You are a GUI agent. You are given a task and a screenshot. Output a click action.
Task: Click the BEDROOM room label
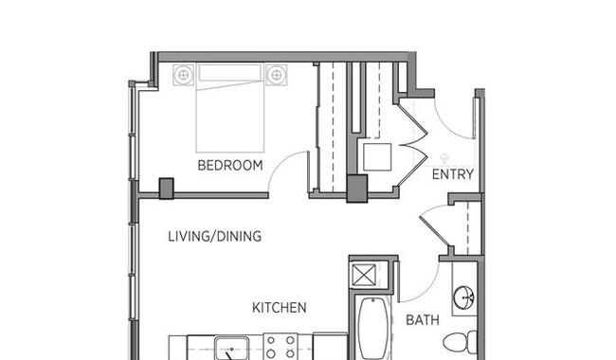(x=230, y=165)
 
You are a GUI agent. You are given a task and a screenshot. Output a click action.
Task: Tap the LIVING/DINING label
(x=215, y=236)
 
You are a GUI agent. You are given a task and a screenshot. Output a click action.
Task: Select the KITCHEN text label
(x=280, y=308)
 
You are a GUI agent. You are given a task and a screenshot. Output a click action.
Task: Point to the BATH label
(x=423, y=320)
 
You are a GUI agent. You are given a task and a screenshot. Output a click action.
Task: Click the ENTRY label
(x=453, y=174)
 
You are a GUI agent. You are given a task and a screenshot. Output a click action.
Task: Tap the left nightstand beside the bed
(x=184, y=75)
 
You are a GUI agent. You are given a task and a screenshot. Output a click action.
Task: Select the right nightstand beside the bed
(x=277, y=75)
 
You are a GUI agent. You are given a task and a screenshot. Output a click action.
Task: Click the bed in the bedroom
(x=230, y=108)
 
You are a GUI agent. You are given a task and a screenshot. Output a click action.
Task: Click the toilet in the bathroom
(x=460, y=342)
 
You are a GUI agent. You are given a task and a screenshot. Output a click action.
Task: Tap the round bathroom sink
(x=464, y=297)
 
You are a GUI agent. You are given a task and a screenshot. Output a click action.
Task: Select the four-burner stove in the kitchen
(x=281, y=347)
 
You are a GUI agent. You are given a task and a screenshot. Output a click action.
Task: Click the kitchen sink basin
(x=232, y=349)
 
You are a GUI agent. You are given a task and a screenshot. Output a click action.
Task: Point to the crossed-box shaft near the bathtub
(x=364, y=275)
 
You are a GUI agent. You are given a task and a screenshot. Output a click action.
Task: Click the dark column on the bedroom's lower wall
(x=166, y=189)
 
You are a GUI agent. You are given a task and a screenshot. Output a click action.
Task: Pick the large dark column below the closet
(x=356, y=189)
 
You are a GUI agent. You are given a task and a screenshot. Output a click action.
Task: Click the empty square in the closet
(x=377, y=156)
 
